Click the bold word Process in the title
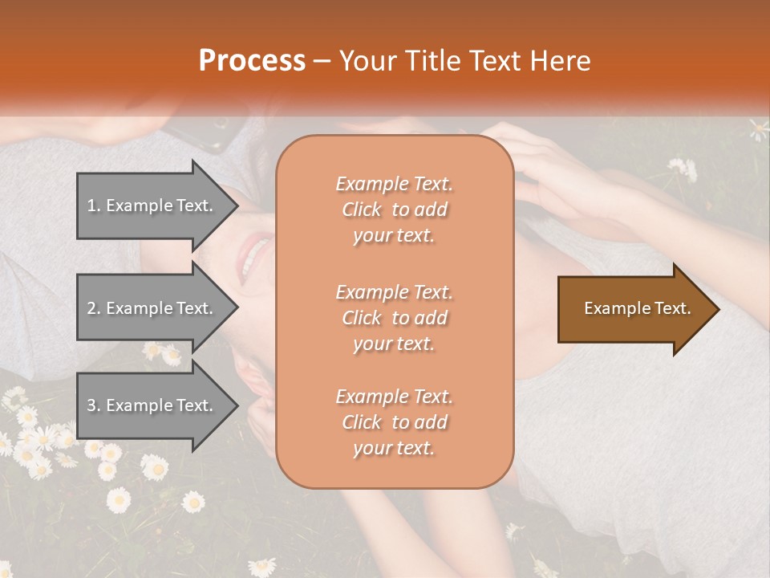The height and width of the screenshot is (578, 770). click(x=252, y=60)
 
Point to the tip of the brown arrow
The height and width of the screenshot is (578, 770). click(x=717, y=309)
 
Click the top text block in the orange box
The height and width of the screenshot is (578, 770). click(x=394, y=210)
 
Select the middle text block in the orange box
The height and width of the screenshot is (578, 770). click(x=394, y=318)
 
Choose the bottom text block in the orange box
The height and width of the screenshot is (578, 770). click(x=394, y=422)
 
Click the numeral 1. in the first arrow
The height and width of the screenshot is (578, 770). click(x=94, y=206)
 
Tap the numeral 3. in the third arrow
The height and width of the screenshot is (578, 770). click(x=94, y=405)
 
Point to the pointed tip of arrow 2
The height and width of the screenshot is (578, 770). click(x=237, y=308)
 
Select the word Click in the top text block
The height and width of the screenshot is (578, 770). click(x=362, y=210)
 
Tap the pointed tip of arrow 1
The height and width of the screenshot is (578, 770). click(x=237, y=206)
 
